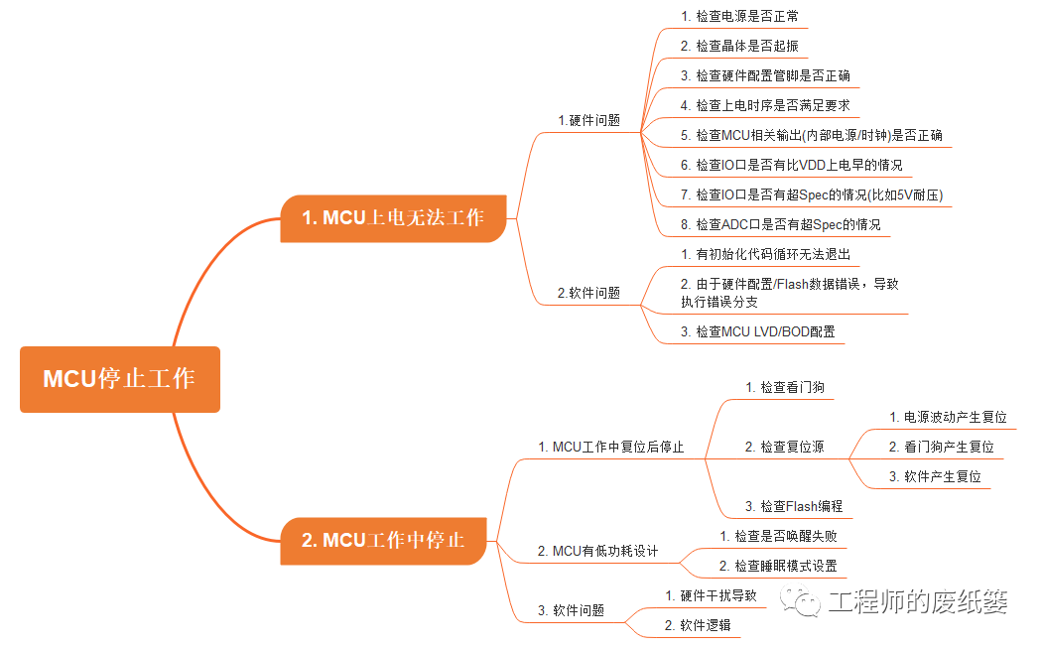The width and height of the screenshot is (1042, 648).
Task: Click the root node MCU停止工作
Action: click(119, 379)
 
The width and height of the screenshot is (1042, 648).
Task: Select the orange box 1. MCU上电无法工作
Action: click(393, 217)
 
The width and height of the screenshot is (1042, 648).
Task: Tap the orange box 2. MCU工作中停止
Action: click(383, 541)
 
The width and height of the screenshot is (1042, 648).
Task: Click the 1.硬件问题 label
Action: click(588, 120)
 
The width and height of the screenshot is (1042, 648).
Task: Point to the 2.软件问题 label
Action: click(588, 293)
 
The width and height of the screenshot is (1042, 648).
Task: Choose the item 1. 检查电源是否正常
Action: click(739, 17)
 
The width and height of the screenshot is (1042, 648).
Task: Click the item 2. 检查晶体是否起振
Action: click(739, 46)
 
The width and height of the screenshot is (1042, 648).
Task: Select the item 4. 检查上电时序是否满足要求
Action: click(765, 105)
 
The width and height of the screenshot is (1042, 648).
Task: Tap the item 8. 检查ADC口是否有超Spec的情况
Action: click(780, 224)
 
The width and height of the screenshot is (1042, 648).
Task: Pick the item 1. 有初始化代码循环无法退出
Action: click(765, 254)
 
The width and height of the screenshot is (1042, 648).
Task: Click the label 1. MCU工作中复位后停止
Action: click(610, 448)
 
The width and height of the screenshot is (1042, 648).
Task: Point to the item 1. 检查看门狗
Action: click(784, 387)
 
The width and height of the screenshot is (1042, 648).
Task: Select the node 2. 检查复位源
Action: click(784, 447)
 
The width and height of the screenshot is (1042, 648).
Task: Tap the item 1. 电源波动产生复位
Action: click(948, 417)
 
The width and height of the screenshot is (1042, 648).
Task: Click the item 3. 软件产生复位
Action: click(935, 476)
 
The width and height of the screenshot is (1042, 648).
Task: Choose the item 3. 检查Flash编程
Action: click(793, 506)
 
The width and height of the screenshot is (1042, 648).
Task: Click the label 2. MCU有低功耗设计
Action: click(597, 551)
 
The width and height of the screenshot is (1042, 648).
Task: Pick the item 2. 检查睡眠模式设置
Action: click(778, 566)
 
